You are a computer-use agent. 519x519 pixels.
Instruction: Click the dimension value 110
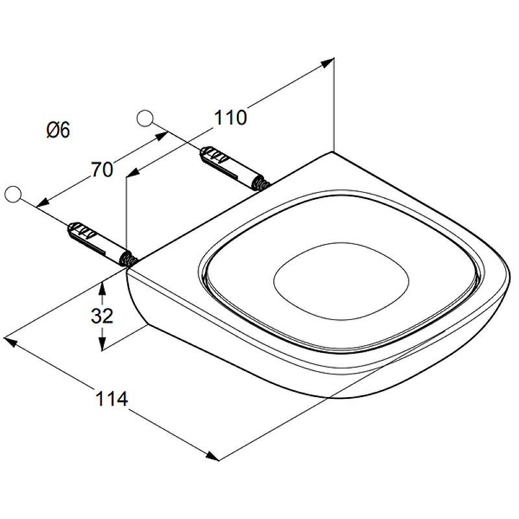231,117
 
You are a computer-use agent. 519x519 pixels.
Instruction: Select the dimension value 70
102,170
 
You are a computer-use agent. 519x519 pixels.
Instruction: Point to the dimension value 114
112,398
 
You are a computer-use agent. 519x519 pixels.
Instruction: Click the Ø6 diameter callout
58,130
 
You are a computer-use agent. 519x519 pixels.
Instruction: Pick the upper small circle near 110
145,117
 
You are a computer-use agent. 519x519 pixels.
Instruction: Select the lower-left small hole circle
13,193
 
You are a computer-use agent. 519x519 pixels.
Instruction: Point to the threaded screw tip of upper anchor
263,184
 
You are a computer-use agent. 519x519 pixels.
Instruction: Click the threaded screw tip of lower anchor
128,260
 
